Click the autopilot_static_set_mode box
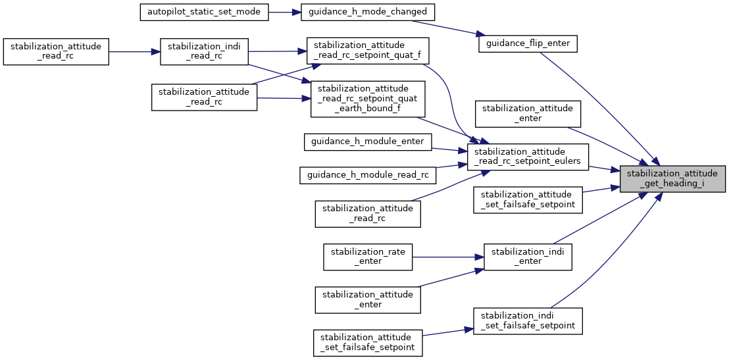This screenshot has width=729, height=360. coord(205,13)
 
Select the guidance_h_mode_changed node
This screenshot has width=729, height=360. coord(368,13)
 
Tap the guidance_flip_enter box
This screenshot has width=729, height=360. coord(528,44)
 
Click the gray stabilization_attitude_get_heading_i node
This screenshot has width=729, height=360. coord(672,178)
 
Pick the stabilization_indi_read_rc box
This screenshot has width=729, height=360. coord(204,51)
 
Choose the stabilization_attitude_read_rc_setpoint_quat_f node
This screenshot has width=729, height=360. coord(363,51)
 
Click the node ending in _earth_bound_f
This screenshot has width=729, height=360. coord(368,99)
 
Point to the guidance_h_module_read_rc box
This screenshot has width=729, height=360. coord(367,174)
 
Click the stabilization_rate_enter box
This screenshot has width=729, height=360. coord(368,256)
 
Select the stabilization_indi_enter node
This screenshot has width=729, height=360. coord(528,256)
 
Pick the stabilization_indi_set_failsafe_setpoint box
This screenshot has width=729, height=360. coord(528,321)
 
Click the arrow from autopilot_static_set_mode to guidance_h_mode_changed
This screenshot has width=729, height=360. coord(284,13)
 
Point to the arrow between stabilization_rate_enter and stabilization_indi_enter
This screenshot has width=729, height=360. coord(447,256)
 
